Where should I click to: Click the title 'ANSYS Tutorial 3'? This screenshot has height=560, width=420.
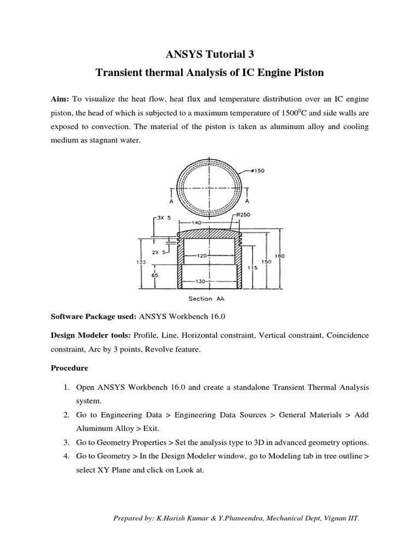point(209,54)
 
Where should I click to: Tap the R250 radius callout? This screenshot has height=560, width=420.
point(243,215)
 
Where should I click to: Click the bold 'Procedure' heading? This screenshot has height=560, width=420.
point(71,369)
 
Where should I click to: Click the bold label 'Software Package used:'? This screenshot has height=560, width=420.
point(94,316)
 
